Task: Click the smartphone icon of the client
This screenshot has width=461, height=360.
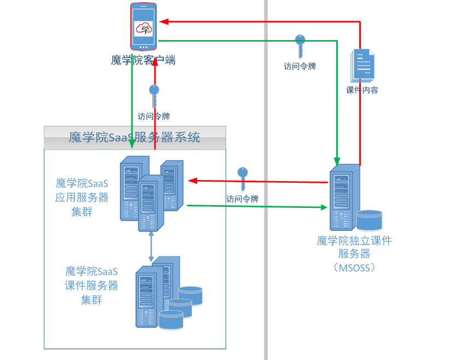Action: tap(143, 26)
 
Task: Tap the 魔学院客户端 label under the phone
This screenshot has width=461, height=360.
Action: tap(143, 60)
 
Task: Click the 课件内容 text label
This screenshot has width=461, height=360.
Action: tap(362, 90)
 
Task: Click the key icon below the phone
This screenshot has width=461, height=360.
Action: tap(154, 96)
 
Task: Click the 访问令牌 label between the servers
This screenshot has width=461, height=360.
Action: tap(243, 199)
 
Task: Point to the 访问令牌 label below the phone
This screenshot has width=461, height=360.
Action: tap(154, 117)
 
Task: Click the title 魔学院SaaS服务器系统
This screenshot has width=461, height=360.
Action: tap(135, 137)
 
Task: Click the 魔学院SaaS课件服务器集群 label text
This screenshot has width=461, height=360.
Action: tap(92, 285)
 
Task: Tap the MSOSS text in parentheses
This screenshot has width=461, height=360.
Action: tap(354, 268)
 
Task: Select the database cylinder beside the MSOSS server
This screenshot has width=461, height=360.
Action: tap(370, 219)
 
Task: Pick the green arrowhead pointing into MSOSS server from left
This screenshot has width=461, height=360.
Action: tap(324, 207)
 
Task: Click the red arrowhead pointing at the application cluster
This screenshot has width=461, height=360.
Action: tap(192, 180)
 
